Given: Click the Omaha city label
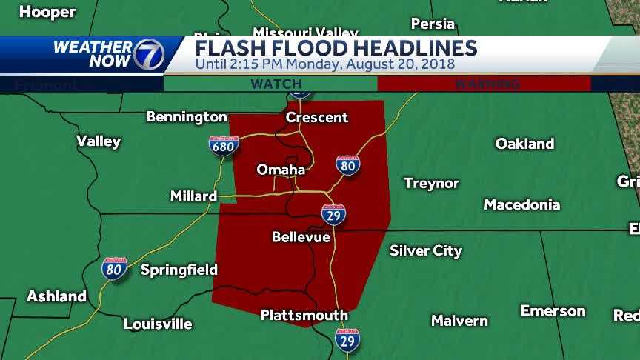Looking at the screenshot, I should click(281, 170).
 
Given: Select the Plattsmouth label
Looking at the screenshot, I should click(304, 315).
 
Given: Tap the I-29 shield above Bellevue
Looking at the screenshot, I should click(334, 215).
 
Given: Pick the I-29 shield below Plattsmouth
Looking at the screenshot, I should click(347, 340).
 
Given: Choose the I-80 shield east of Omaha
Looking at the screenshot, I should click(347, 165).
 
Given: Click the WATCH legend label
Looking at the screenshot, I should click(276, 84).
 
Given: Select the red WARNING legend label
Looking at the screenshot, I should click(487, 84).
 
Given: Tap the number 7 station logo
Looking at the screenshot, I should click(148, 53).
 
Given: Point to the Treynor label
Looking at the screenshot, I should click(431, 183).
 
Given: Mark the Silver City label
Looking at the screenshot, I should click(426, 250).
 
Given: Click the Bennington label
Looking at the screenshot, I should click(187, 117).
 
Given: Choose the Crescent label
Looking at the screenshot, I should click(317, 117).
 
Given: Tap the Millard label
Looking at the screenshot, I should click(193, 196).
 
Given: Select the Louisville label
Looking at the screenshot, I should click(158, 324).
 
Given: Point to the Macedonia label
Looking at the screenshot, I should click(521, 204).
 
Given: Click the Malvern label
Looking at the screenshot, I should click(459, 321).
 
